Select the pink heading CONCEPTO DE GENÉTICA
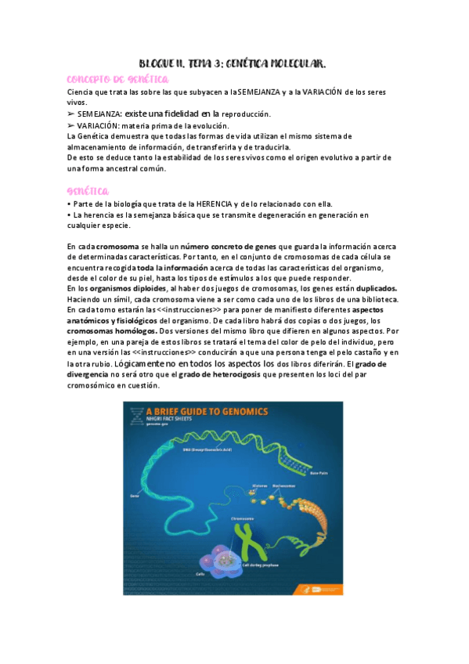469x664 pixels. tap(117, 80)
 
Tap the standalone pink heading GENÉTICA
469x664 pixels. tap(88, 191)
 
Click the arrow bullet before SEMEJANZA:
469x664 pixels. tap(71, 114)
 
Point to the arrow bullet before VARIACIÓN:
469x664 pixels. tap(71, 125)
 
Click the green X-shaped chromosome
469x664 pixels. tap(247, 540)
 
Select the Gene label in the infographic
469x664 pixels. tap(135, 496)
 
